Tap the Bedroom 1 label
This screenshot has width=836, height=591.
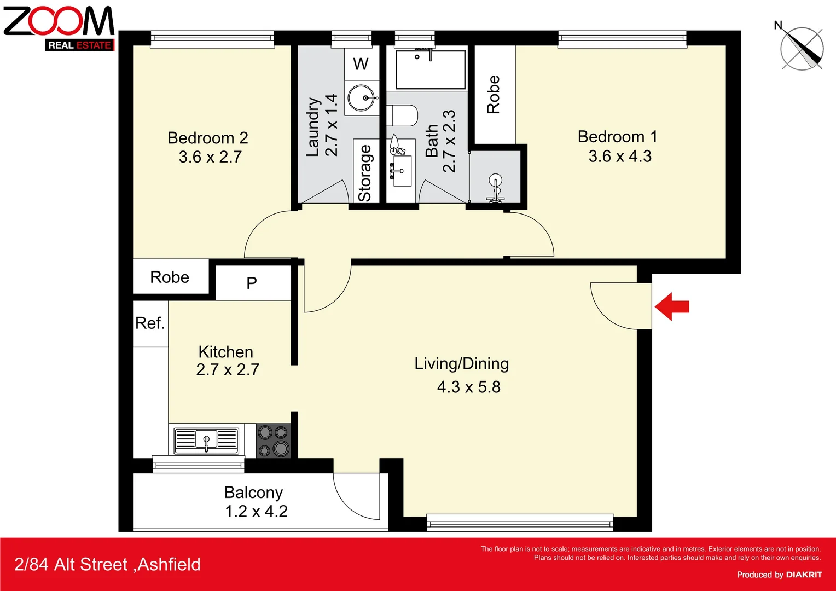(617, 137)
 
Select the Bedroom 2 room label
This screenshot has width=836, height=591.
(207, 138)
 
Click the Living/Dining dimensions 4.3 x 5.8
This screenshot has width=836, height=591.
(468, 387)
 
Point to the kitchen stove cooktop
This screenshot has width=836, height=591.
(274, 441)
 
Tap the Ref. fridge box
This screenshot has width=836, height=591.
(150, 323)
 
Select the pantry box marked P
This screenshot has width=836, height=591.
(252, 283)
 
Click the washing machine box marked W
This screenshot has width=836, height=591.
(361, 64)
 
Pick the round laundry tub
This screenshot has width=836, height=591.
(362, 99)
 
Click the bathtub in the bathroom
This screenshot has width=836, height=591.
(430, 69)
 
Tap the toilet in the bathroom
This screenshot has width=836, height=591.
(402, 115)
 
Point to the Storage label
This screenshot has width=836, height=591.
(365, 173)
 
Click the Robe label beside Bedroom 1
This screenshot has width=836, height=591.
(494, 94)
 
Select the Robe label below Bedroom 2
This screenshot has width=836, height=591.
(170, 277)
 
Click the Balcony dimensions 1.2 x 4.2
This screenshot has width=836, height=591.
(256, 512)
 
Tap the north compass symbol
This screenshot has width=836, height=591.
(802, 48)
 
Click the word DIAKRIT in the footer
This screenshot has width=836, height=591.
(804, 575)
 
